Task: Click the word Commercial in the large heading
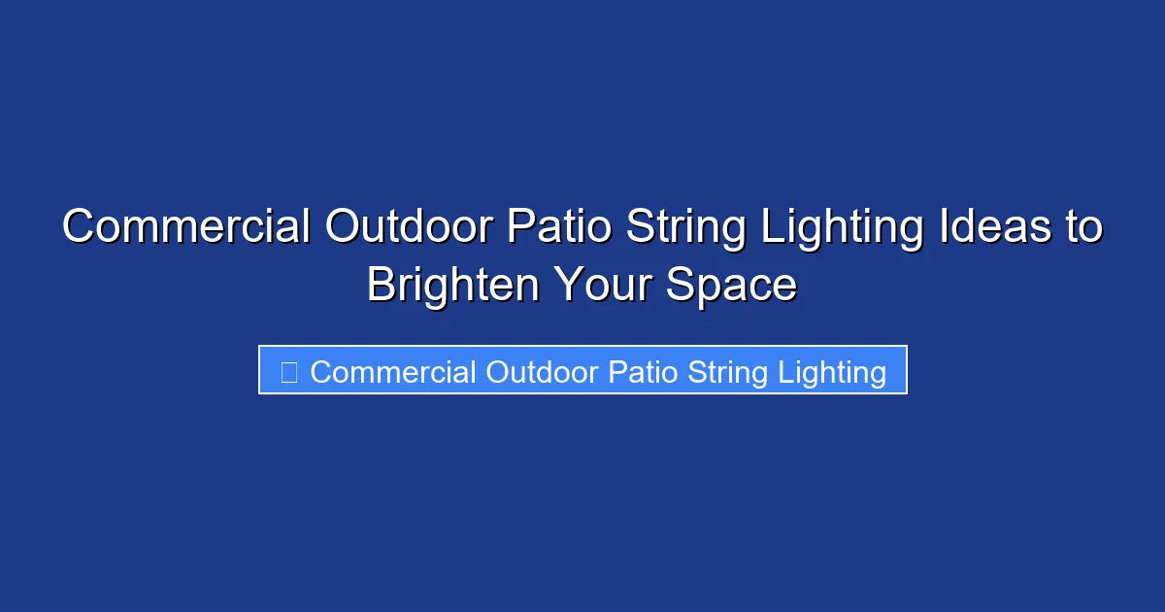(x=186, y=228)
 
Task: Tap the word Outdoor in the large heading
(x=409, y=228)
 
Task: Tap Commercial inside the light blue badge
(x=393, y=372)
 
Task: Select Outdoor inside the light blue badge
(x=542, y=372)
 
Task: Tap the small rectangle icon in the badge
(x=288, y=372)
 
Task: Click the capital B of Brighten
(x=382, y=287)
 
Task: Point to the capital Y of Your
(x=569, y=287)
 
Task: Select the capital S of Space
(x=680, y=287)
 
